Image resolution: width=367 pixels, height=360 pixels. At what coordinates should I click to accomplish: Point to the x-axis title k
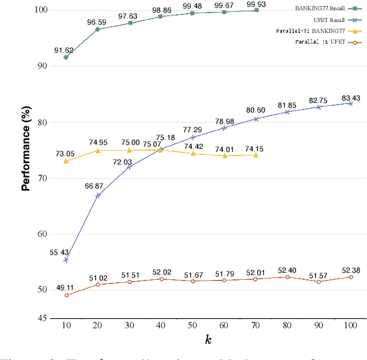(208, 340)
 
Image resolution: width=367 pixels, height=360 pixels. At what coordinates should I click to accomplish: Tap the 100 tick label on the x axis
(351, 325)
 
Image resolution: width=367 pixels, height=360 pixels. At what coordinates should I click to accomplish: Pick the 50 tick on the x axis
(192, 325)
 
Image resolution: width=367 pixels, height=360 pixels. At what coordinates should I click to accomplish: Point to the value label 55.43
(59, 252)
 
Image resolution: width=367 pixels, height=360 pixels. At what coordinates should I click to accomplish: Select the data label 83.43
(350, 98)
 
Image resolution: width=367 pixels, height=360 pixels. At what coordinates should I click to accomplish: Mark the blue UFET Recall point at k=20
(97, 196)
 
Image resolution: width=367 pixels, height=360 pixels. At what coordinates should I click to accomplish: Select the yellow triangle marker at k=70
(256, 155)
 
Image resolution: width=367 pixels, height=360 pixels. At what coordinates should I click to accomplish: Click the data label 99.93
(256, 4)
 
